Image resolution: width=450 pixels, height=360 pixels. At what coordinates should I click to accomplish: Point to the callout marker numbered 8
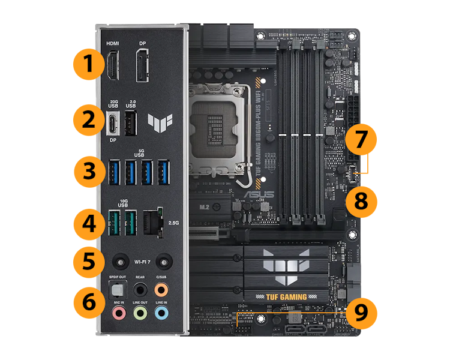[361, 200]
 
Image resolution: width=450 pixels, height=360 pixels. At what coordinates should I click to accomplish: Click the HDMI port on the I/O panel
[112, 66]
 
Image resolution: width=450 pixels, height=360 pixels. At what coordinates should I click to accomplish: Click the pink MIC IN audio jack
[119, 313]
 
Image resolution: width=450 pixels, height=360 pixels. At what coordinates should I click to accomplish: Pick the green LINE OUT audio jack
[140, 313]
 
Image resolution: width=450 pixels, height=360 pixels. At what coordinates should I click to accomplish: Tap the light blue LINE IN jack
[161, 313]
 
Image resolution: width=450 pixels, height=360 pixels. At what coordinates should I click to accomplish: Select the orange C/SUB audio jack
[161, 289]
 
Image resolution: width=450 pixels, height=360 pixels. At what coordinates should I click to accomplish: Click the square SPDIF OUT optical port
[118, 289]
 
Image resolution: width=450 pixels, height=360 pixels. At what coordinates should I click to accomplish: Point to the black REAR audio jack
[140, 289]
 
